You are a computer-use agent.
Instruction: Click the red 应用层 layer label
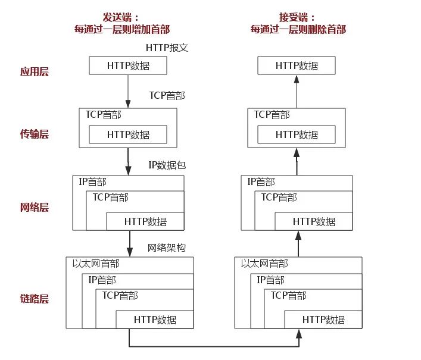coord(35,71)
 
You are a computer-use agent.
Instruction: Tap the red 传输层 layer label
coord(35,134)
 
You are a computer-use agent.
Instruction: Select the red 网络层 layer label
coord(35,207)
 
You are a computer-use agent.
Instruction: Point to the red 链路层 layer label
coord(35,298)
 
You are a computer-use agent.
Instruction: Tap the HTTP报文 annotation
coord(167,48)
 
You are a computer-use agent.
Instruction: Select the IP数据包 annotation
coord(167,165)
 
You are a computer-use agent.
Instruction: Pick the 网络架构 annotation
coord(167,248)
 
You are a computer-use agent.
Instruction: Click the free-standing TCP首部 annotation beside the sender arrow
coord(167,95)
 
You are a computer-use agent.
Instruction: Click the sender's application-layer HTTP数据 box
coord(128,65)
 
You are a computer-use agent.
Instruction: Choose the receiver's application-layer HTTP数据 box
coord(297,65)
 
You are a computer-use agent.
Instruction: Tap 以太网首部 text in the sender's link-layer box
coord(96,264)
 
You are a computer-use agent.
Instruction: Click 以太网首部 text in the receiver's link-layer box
coord(264,264)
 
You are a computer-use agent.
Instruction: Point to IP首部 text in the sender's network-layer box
coord(92,182)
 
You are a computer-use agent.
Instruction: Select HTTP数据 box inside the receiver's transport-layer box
coord(297,134)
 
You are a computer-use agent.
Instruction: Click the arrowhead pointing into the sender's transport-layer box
coord(128,104)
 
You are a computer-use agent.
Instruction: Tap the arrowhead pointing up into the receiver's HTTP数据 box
coord(297,79)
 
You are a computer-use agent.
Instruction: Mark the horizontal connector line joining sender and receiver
coord(214,346)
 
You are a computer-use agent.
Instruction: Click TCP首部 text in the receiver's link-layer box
coord(288,295)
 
